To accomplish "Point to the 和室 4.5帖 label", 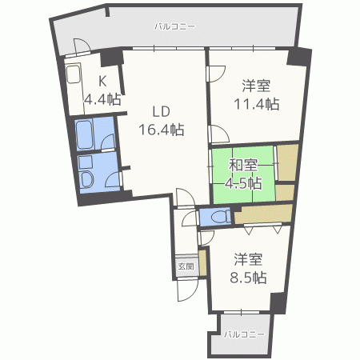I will (x=244, y=174).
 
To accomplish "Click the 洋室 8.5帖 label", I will (x=250, y=268).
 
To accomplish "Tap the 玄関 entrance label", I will (x=185, y=266).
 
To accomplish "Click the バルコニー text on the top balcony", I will (x=174, y=26).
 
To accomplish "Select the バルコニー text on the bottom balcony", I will (x=243, y=334).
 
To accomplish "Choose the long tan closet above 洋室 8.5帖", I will (x=262, y=214).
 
